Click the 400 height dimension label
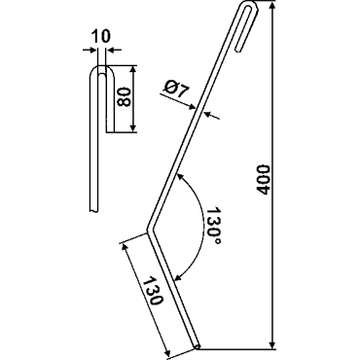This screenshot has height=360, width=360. coord(263,180)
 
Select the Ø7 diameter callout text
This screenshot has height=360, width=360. coord(175,90)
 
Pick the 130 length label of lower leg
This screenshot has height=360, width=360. coord(153,290)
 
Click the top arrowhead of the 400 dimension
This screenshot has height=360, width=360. coord(273,7)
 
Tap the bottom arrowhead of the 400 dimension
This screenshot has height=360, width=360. coord(273,343)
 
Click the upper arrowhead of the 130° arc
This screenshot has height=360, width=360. coord(179,176)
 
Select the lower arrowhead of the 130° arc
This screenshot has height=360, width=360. coord(177,277)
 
